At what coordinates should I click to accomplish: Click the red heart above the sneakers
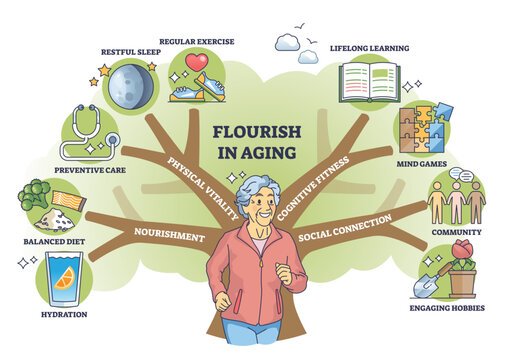point(196,62)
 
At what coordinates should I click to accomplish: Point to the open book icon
point(367,82)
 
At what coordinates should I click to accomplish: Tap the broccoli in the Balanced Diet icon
point(37,196)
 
